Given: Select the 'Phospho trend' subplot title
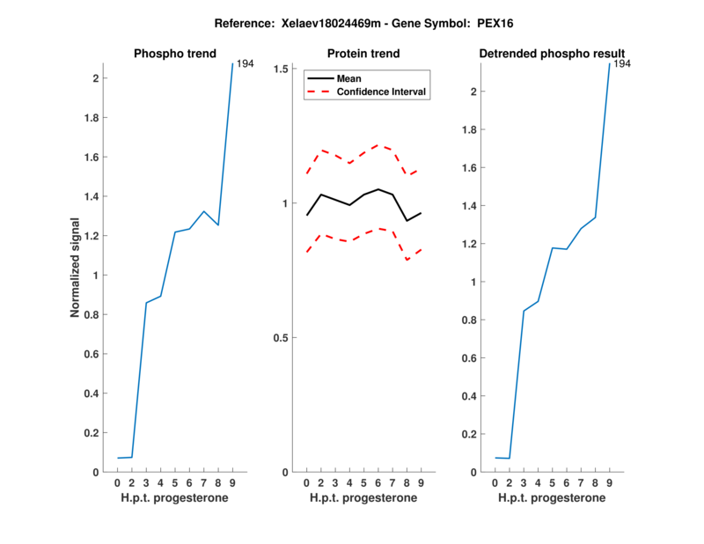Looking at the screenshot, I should (174, 54).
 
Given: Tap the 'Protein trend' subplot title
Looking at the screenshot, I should (363, 54).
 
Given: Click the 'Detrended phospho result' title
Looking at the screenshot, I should (552, 54).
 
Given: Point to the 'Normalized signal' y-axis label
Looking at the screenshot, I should (77, 267).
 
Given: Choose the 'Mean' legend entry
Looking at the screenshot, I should (348, 78).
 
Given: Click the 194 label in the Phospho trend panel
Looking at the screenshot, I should (246, 64).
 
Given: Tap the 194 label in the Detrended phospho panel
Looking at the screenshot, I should (622, 64).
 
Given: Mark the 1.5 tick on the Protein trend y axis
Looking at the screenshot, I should (282, 69).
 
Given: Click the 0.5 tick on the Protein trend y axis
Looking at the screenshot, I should (282, 338).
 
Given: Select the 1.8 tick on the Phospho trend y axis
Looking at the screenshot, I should (91, 118).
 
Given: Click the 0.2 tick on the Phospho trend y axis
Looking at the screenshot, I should (91, 433).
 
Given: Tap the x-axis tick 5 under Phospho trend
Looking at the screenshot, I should (175, 483).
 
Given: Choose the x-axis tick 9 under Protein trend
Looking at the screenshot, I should (420, 483).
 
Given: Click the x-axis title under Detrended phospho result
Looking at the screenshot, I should (552, 498).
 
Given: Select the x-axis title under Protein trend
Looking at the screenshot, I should (363, 498).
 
